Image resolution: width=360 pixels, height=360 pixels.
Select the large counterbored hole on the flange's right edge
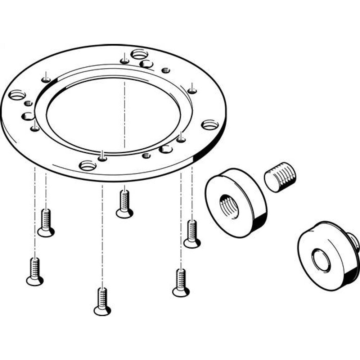click(x=210, y=125)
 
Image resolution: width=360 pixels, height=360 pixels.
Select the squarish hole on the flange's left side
click(x=28, y=116)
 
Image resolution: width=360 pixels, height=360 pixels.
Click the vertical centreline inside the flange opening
click(x=125, y=115)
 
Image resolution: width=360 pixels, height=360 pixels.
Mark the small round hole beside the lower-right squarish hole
click(x=146, y=156)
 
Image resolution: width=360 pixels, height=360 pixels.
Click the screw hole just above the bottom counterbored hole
click(x=103, y=158)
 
